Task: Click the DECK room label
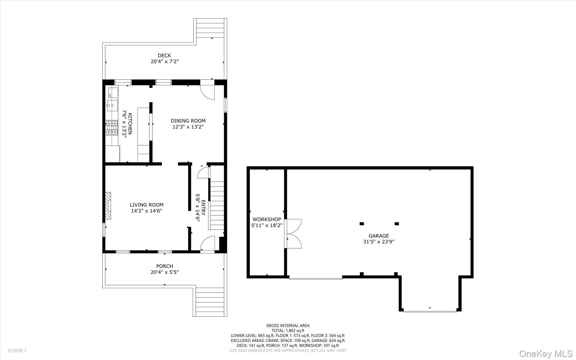(x=164, y=56)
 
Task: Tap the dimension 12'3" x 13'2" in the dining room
(x=188, y=127)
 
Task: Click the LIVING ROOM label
(x=147, y=205)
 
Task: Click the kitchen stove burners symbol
(x=112, y=127)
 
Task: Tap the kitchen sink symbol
(x=112, y=106)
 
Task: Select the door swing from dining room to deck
(x=208, y=92)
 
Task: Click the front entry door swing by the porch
(x=208, y=243)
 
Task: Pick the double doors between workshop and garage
(x=294, y=234)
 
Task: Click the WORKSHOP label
(x=267, y=219)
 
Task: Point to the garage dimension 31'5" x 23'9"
(x=379, y=242)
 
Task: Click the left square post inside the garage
(x=362, y=224)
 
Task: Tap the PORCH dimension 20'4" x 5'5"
(x=165, y=272)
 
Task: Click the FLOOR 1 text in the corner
(x=17, y=351)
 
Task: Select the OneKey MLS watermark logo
(x=546, y=354)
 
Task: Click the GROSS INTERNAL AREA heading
(x=288, y=326)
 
